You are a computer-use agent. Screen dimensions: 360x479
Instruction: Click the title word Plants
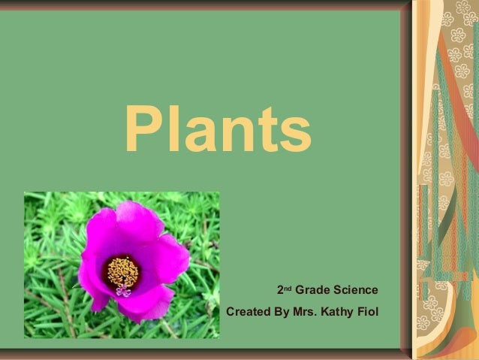tap(217, 129)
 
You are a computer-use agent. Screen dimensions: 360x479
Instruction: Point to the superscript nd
tap(288, 287)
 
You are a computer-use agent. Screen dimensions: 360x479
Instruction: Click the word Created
tap(249, 310)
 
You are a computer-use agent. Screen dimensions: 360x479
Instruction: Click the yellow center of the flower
tap(122, 271)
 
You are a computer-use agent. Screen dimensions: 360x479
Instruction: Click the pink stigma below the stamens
tap(123, 291)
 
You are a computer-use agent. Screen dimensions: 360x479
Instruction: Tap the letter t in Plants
tap(267, 131)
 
